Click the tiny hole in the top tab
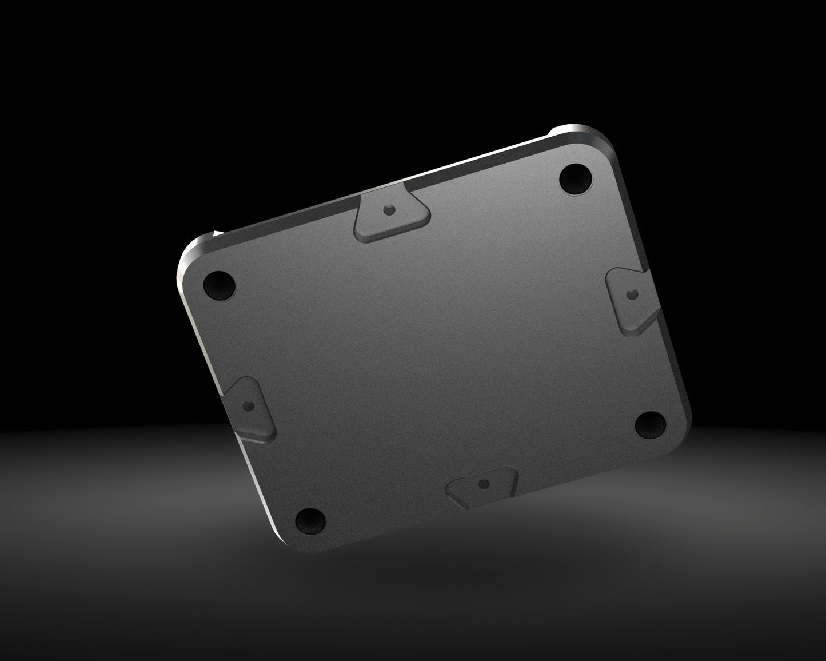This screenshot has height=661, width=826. (x=389, y=209)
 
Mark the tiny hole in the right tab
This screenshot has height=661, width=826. (x=631, y=294)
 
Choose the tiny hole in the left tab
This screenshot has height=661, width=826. (x=248, y=406)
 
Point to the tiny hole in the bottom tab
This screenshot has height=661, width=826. (x=485, y=484)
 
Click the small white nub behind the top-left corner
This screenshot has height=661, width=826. (x=217, y=233)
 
